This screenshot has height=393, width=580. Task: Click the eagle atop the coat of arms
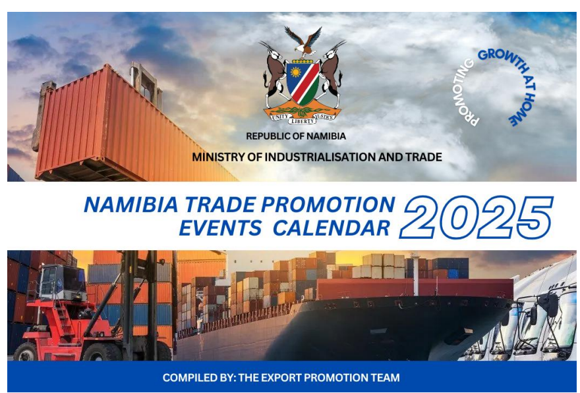coord(303,40)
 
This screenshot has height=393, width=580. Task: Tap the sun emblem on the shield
coord(295,72)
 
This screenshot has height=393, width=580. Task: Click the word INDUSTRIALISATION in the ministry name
coord(314,157)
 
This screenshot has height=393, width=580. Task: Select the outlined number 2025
coord(477,217)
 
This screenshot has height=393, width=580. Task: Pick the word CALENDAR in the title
coord(331,228)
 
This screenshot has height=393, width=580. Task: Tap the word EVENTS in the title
coord(220,228)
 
